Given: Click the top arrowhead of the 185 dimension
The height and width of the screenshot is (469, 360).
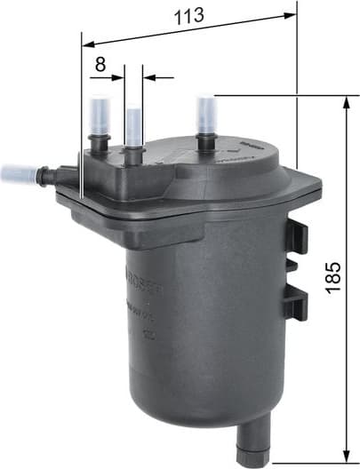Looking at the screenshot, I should [345, 100].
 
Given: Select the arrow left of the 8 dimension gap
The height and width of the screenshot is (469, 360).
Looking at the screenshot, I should [117, 77].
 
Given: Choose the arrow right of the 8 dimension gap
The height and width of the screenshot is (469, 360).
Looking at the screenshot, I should [151, 77].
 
